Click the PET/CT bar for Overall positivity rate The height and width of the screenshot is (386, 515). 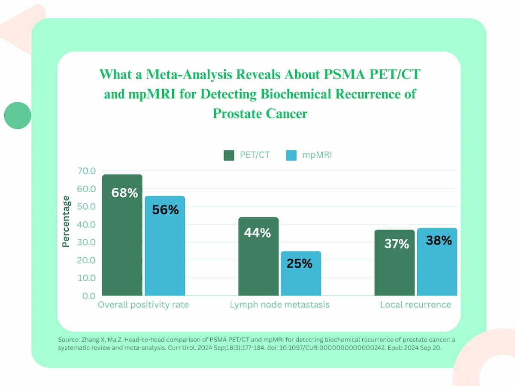(122, 240)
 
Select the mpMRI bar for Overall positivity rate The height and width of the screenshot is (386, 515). (165, 253)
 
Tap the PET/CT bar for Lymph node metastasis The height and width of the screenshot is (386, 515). (258, 262)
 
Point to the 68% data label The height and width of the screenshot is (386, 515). (124, 193)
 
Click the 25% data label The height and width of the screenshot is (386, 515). (300, 263)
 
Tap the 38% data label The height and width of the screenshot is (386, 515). (439, 241)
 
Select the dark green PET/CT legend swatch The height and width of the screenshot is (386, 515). (229, 155)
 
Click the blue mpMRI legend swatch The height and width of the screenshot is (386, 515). (291, 155)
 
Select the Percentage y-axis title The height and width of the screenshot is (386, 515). (66, 221)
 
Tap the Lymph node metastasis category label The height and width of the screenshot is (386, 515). (280, 305)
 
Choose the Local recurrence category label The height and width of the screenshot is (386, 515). (415, 305)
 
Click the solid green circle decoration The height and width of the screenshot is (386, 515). (18, 115)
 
